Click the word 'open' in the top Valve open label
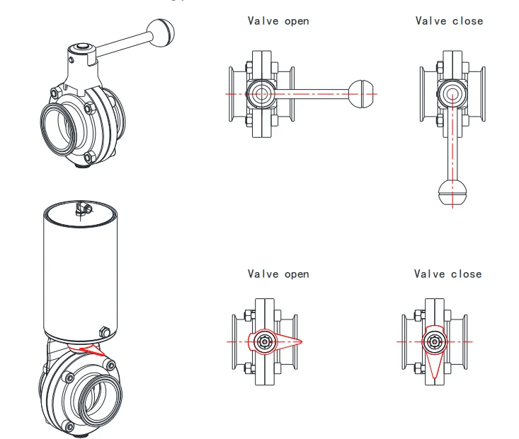coord(297,22)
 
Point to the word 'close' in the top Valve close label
coord(468,21)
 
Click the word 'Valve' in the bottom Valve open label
coord(263,274)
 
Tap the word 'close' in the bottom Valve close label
coord(467,274)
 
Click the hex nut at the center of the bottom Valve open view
coord(265,341)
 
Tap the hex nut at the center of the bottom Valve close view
coord(434,341)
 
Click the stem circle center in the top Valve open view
coord(261,94)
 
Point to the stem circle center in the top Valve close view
coord(452,94)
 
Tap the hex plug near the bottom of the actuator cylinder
coord(104,332)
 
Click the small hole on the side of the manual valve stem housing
coord(71,60)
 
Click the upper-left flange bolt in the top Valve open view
coord(249,67)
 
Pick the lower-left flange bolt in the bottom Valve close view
coord(418,368)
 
